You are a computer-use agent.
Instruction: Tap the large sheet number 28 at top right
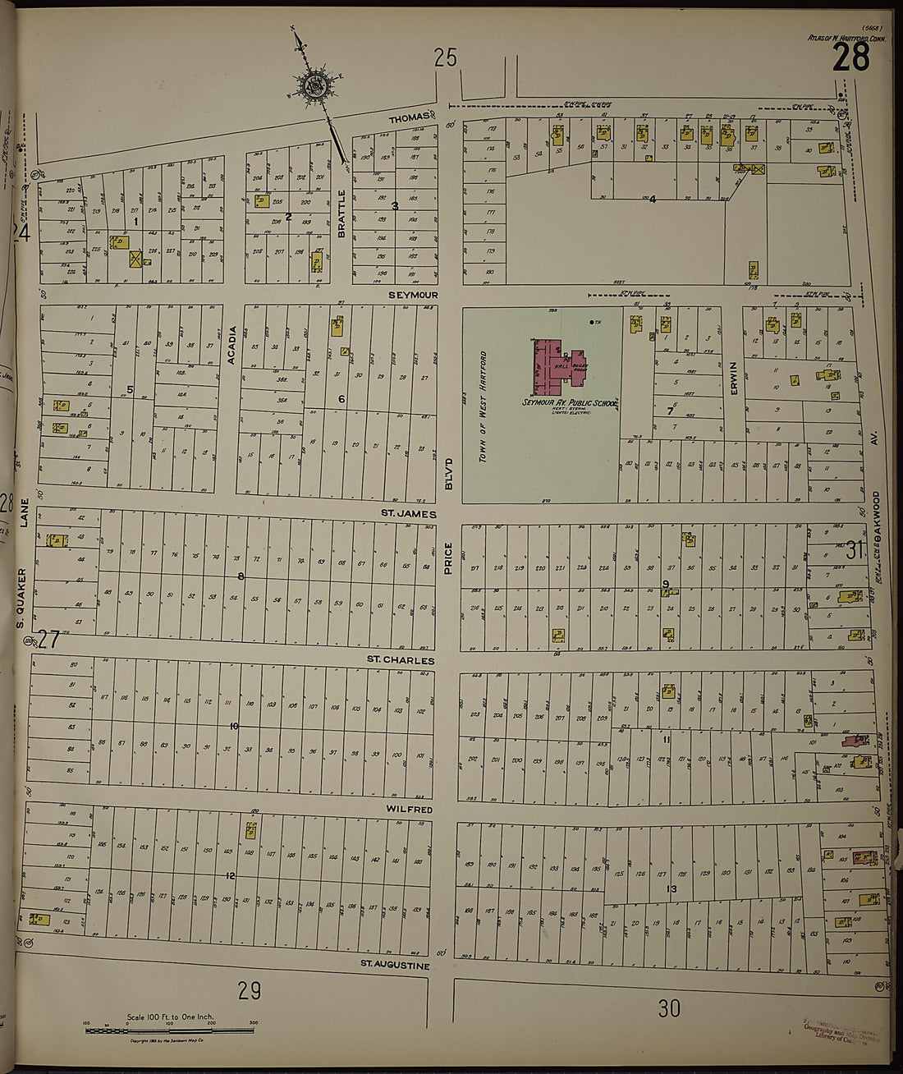click(851, 59)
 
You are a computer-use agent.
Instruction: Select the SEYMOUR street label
click(415, 295)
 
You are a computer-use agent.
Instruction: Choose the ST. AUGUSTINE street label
click(396, 966)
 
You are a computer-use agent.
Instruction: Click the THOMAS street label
click(409, 118)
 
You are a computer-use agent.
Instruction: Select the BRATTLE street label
click(342, 213)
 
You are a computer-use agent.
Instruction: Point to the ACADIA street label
click(232, 345)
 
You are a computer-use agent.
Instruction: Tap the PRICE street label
click(448, 559)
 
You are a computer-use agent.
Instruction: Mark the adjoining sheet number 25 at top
click(445, 57)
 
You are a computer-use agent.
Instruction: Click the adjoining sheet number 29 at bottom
click(250, 991)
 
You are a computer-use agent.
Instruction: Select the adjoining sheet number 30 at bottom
click(669, 1007)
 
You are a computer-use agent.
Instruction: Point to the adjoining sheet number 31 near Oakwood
click(855, 550)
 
